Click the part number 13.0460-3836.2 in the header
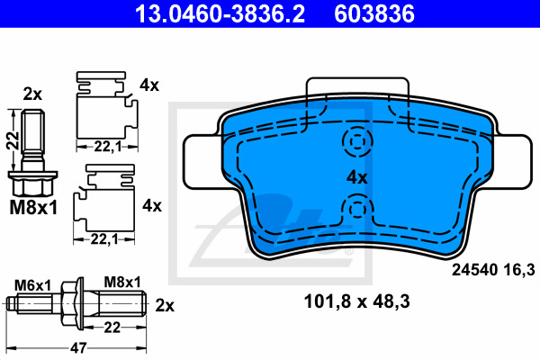click(x=220, y=13)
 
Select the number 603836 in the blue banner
click(x=374, y=13)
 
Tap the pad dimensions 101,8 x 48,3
click(x=356, y=301)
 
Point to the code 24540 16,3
click(x=493, y=269)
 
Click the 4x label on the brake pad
click(x=356, y=178)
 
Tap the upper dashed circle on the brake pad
click(x=357, y=141)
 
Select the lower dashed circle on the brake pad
click(x=357, y=209)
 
